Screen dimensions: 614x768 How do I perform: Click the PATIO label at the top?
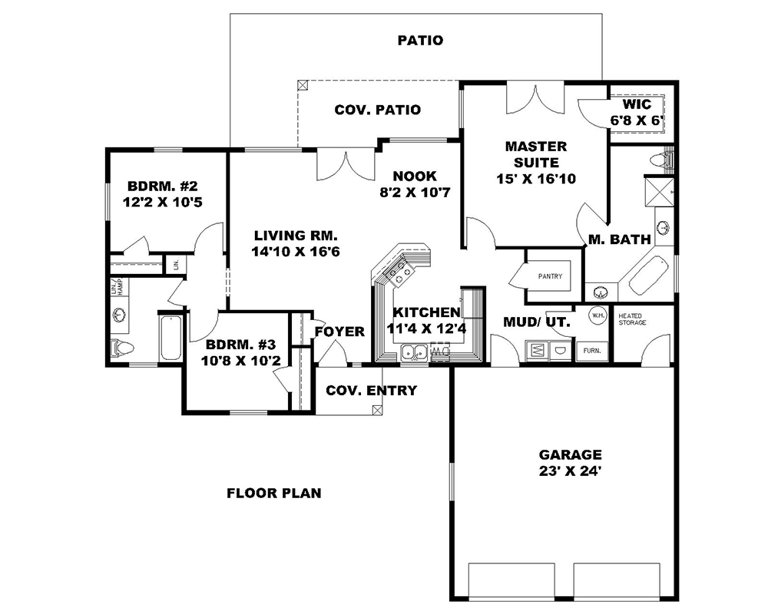pos(420,40)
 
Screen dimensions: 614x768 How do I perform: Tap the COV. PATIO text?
pos(377,110)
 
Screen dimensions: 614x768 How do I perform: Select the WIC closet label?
pos(637,104)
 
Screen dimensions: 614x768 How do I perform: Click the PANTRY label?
pos(549,276)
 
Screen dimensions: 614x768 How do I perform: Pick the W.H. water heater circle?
pos(598,314)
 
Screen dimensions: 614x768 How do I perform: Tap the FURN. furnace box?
pos(592,349)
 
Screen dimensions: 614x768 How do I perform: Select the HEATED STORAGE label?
pos(632,319)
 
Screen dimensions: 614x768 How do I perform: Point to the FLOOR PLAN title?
pos(273,493)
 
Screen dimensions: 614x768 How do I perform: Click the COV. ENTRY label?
pos(371,391)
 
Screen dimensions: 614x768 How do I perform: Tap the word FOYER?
pos(339,332)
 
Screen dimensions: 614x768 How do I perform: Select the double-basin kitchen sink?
pos(415,352)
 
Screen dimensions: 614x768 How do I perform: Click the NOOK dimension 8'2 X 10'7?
pos(415,193)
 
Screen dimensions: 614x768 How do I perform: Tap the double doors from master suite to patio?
pos(531,100)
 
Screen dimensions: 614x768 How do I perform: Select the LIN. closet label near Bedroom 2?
pos(176,264)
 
